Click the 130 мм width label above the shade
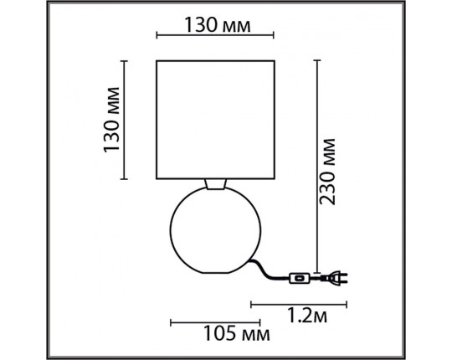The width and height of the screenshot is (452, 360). (218, 25)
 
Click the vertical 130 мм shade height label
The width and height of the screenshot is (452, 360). (111, 120)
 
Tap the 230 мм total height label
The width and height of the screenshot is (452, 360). (328, 172)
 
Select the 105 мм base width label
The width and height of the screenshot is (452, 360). (237, 333)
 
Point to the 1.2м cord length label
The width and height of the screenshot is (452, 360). (307, 315)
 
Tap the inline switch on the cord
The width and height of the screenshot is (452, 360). (299, 279)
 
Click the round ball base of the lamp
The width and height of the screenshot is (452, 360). (216, 230)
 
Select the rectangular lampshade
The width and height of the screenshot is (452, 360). (215, 120)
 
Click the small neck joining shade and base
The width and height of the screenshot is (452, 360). (216, 184)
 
